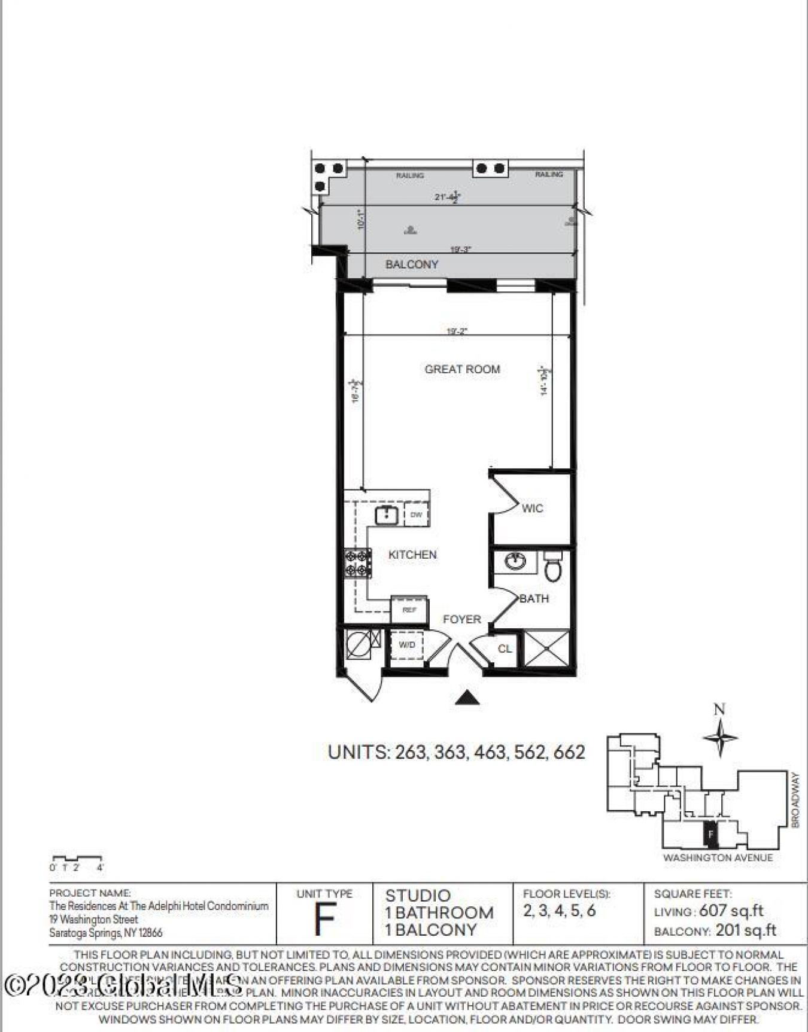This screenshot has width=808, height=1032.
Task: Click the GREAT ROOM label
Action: click(462, 369)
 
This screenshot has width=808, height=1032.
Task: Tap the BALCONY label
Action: click(412, 264)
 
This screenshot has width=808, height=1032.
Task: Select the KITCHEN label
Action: click(412, 555)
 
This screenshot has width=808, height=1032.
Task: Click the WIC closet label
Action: click(532, 509)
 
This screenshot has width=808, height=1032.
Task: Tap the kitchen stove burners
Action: click(357, 564)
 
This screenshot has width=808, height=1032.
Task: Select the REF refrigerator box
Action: click(409, 610)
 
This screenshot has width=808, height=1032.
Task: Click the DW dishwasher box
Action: click(417, 515)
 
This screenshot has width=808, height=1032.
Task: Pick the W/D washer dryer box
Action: click(407, 645)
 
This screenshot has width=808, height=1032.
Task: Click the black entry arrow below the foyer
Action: click(467, 698)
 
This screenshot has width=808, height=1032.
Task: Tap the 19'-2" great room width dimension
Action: click(457, 330)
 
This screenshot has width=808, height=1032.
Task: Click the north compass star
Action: click(720, 736)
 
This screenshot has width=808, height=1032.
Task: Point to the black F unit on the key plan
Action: click(710, 833)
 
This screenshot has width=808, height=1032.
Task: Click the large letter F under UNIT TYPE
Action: click(324, 921)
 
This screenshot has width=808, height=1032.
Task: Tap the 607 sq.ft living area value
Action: click(731, 911)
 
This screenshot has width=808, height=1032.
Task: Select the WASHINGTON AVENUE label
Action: click(718, 858)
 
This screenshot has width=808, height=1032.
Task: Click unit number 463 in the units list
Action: click(490, 752)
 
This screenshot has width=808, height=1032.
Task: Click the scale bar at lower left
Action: click(77, 860)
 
